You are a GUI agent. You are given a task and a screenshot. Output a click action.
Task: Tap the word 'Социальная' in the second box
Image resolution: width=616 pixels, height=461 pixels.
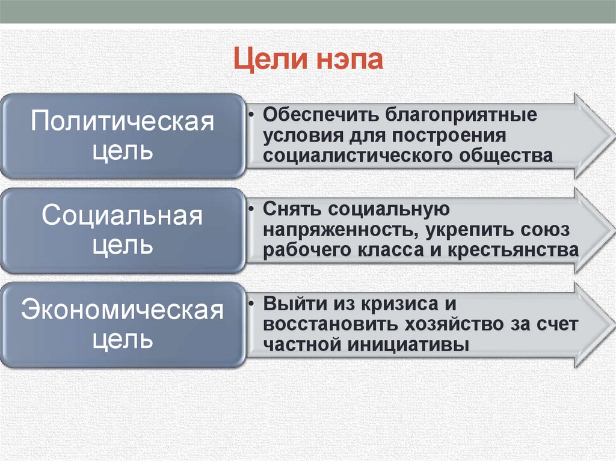[x=123, y=216]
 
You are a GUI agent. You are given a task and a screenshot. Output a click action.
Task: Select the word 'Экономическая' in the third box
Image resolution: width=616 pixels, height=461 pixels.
[x=123, y=311]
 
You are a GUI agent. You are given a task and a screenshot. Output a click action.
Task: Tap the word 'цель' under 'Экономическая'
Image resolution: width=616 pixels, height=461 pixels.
[x=123, y=340]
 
